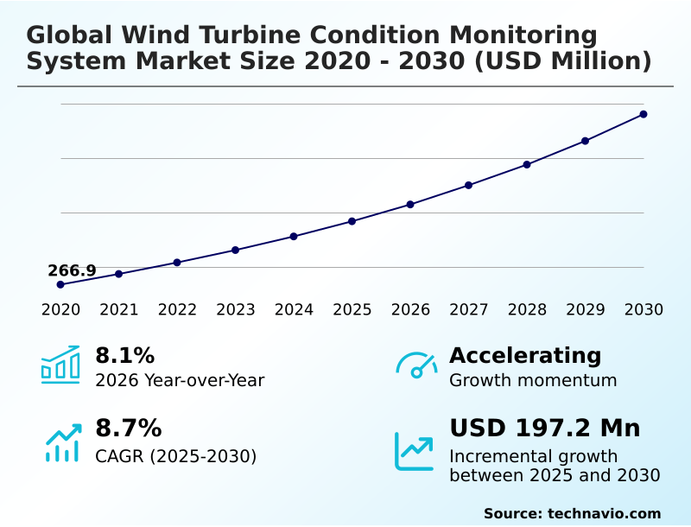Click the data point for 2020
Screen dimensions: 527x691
click(x=60, y=284)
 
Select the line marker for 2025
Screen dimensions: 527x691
click(x=352, y=221)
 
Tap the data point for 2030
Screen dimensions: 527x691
click(x=643, y=114)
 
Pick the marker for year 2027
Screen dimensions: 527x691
click(x=469, y=185)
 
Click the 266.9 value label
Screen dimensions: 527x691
click(x=72, y=270)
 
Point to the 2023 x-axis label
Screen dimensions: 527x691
click(x=236, y=310)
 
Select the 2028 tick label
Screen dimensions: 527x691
click(x=527, y=310)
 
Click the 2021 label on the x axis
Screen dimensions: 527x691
click(x=119, y=310)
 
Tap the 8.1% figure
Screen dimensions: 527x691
click(x=124, y=355)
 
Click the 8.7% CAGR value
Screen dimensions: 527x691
click(x=128, y=429)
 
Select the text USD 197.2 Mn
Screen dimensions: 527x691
click(x=545, y=429)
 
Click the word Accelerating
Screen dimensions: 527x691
click(x=525, y=355)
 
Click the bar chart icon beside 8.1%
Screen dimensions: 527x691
click(x=60, y=365)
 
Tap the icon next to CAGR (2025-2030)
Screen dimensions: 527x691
click(x=62, y=442)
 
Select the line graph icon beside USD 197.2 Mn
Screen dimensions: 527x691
click(x=415, y=451)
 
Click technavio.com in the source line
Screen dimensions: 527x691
click(x=604, y=513)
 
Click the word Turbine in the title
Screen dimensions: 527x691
click(x=225, y=35)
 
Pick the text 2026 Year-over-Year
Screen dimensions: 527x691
click(x=180, y=380)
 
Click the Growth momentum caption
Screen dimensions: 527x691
click(x=533, y=380)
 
